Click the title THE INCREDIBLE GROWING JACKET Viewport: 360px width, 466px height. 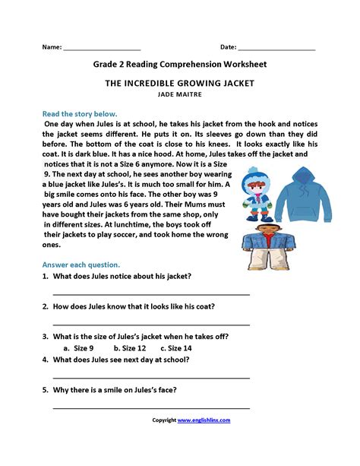179,84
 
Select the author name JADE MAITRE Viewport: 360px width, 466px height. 179,96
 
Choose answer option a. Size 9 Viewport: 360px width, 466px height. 79,347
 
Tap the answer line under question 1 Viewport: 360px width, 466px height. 151,293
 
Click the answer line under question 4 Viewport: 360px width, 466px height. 151,376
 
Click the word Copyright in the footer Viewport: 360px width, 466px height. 163,420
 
